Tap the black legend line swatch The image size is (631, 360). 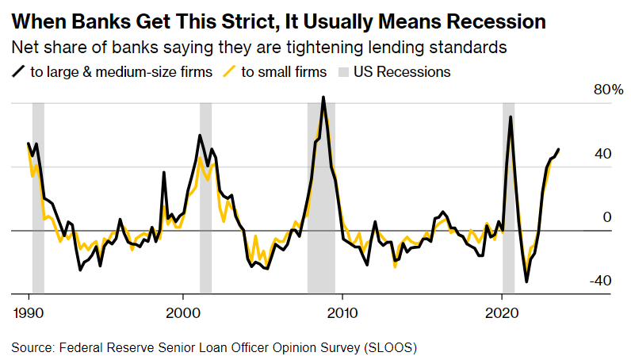pos(19,72)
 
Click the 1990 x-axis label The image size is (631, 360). pos(29,312)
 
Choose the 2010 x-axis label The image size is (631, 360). pos(342,312)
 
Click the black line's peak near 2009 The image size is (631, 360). pos(323,98)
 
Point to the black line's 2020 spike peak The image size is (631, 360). pos(510,117)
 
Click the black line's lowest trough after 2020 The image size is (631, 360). pos(526,281)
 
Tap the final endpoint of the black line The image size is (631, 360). pos(559,149)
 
